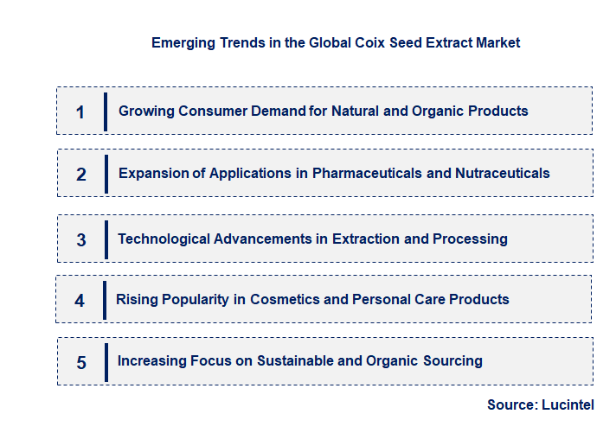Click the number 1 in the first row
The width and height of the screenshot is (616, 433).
80,112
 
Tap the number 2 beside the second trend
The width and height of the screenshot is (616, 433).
81,175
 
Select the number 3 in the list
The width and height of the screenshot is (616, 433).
81,240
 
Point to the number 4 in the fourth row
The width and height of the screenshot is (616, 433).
80,301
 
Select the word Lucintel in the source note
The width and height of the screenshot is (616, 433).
568,404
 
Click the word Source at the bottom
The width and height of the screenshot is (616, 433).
510,404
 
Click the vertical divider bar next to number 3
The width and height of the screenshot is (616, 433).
106,239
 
